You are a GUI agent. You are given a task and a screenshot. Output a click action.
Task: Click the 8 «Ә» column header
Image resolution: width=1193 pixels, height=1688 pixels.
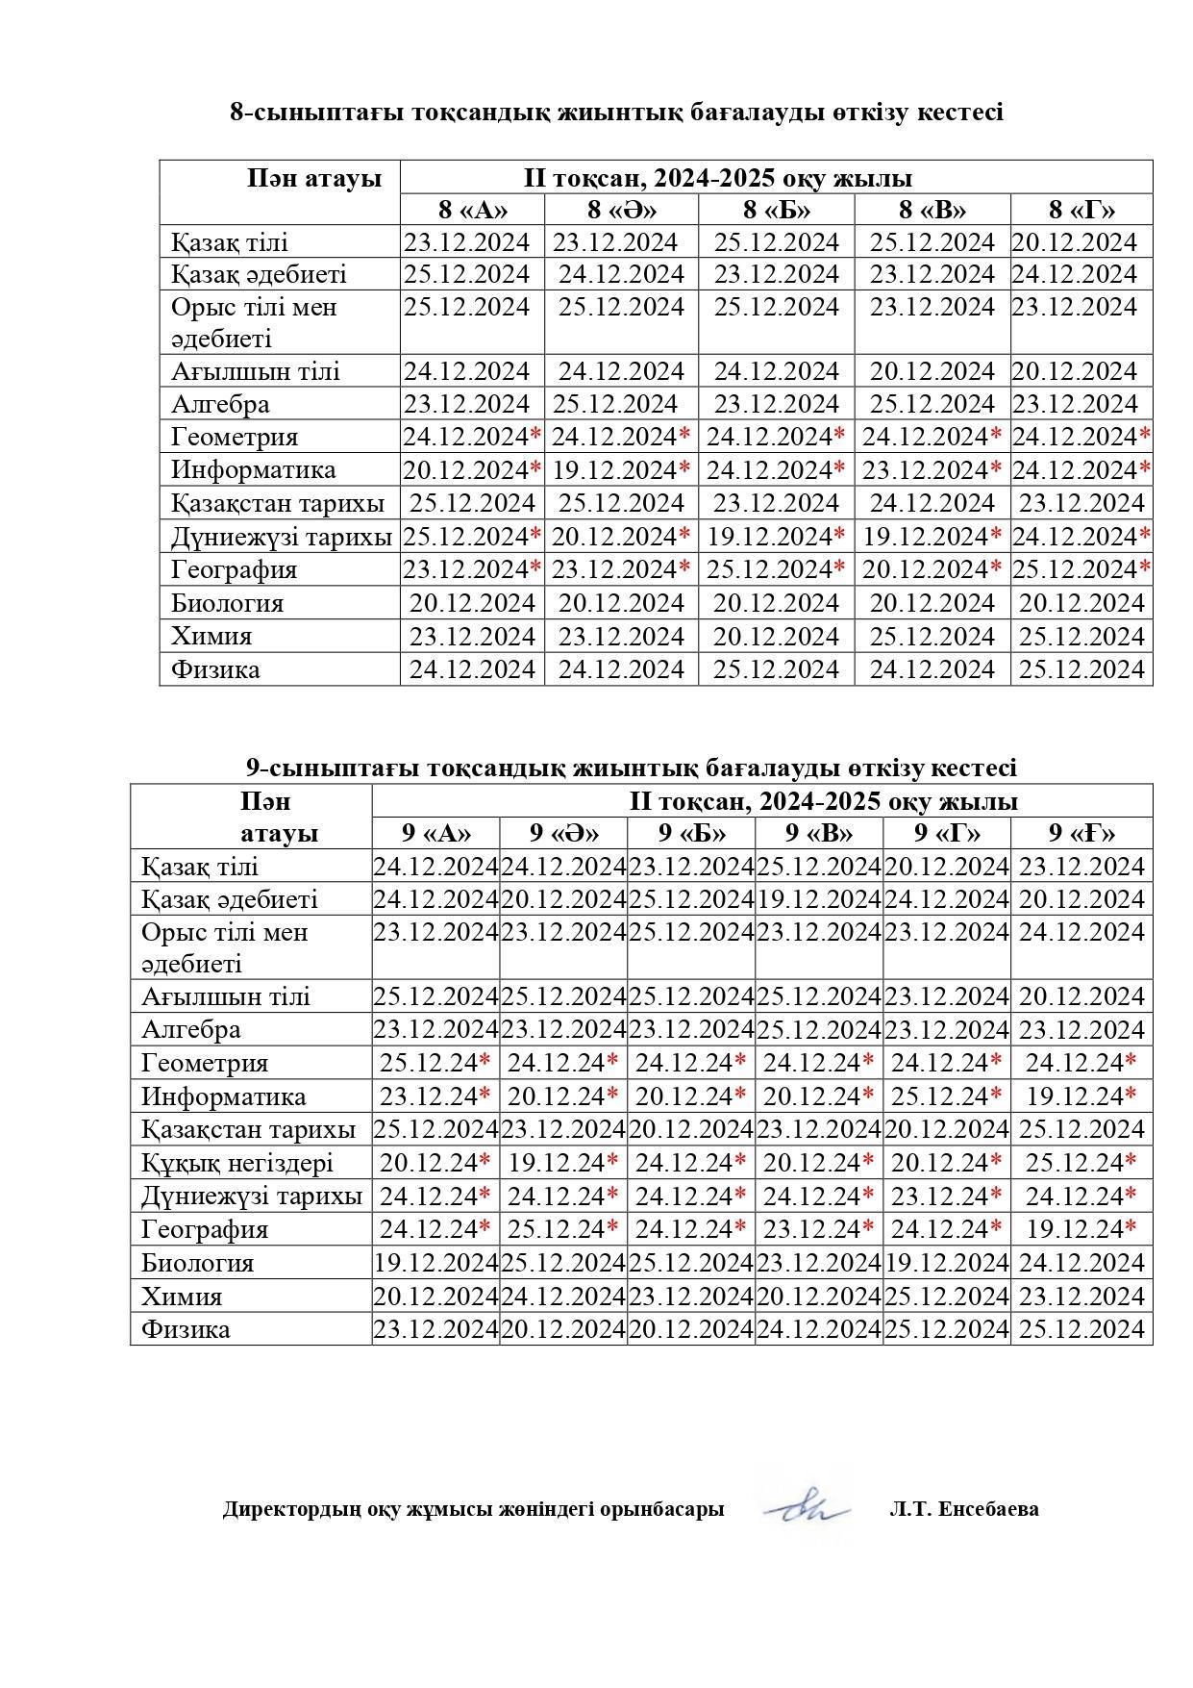pos(621,210)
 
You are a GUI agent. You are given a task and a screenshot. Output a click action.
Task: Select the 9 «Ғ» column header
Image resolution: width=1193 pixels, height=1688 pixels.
pos(1081,833)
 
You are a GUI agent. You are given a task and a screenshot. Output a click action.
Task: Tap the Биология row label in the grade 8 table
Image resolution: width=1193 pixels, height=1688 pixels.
pos(228,603)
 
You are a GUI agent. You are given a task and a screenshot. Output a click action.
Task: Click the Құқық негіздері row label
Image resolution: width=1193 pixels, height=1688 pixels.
pos(237,1163)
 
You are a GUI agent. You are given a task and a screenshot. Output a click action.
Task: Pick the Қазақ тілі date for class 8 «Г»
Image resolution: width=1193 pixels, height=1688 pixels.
pos(1074,242)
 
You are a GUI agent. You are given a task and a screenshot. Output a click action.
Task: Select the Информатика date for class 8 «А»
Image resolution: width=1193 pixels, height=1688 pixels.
pos(471,470)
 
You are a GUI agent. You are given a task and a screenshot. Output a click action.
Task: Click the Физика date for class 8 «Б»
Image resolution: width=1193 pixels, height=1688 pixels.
pos(777,669)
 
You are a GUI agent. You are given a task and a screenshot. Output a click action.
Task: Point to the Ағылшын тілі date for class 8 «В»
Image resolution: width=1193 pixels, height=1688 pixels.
pos(932,371)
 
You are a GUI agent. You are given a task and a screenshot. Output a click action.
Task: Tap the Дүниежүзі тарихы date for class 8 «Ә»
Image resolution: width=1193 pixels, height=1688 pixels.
pos(621,536)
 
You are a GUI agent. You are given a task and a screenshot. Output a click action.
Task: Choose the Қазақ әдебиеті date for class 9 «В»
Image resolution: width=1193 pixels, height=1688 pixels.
pos(819,899)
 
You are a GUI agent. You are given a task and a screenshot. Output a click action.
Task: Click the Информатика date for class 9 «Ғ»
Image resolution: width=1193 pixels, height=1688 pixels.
pos(1081,1096)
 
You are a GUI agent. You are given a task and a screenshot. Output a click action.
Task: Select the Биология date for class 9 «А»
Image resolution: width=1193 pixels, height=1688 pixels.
pos(435,1263)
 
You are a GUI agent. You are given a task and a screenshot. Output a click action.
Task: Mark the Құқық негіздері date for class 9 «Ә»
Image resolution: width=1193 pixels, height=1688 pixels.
pos(563,1163)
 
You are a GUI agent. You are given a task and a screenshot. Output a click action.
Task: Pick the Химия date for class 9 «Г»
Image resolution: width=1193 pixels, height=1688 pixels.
pos(947,1297)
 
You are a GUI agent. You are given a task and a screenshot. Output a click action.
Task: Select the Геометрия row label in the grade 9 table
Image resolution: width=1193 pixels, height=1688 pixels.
pos(205,1063)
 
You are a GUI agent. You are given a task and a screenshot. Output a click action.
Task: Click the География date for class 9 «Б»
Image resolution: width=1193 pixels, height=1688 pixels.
pos(691,1229)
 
